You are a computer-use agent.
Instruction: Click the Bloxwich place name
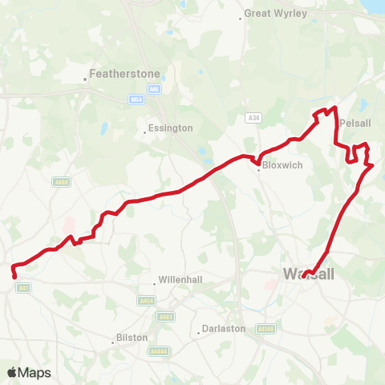click(277, 169)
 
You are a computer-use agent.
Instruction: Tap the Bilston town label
click(132, 338)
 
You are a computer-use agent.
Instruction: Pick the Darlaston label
click(222, 328)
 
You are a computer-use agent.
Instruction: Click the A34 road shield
click(254, 118)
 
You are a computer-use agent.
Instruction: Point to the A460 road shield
click(61, 182)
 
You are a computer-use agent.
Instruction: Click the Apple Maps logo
click(28, 372)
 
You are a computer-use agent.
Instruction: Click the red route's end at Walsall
click(304, 277)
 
